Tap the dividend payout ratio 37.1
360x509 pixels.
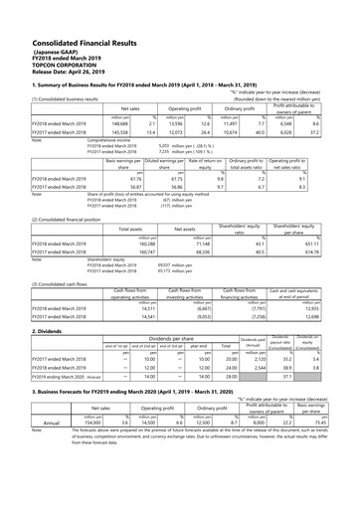pyautogui.click(x=286, y=378)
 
